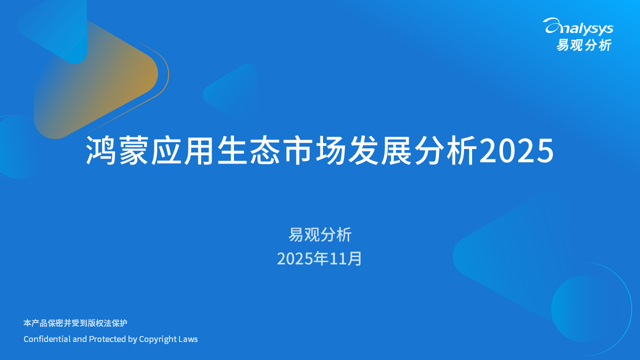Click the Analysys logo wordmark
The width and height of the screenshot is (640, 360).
tap(579, 26)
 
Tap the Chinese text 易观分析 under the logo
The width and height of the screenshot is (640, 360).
tap(583, 45)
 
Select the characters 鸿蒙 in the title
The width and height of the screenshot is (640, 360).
tap(117, 150)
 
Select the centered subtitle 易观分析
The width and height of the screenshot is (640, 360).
tap(320, 234)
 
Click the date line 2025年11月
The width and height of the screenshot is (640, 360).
tap(319, 258)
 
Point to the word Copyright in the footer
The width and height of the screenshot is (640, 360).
tap(158, 339)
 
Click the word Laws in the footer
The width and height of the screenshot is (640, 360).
tap(188, 339)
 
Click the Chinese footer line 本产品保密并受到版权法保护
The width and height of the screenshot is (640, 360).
tap(75, 323)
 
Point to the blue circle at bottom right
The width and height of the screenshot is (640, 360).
tap(582, 308)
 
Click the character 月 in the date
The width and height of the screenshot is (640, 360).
tap(355, 258)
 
